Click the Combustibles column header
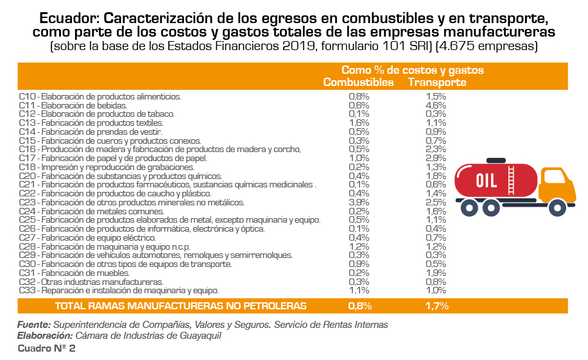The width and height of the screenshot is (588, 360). [358, 82]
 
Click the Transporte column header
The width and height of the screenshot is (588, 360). [437, 82]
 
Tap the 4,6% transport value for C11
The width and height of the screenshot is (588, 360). [436, 105]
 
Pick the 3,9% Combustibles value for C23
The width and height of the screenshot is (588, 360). [358, 202]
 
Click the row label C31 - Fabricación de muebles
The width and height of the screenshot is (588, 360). [80, 273]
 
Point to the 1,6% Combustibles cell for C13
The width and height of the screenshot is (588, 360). [358, 123]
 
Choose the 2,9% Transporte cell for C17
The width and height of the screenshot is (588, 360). [436, 158]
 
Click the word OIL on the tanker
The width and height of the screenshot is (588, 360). [487, 180]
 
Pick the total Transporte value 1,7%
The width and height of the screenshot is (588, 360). [437, 305]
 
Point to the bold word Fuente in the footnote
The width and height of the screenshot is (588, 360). [33, 325]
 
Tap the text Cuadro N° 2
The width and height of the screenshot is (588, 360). [47, 348]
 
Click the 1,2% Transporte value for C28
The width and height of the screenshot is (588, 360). [436, 246]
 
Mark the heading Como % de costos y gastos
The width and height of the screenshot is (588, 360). [412, 70]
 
